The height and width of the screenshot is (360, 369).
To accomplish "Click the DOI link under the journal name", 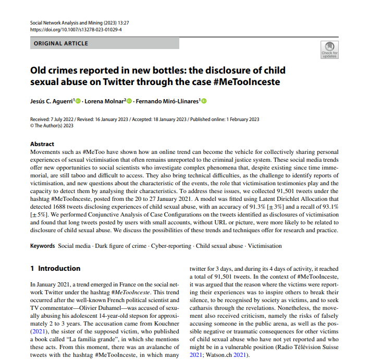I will click(x=76, y=30).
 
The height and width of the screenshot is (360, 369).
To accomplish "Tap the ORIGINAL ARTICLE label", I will click(x=61, y=43).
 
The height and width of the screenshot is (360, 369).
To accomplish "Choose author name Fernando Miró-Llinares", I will click(x=167, y=101).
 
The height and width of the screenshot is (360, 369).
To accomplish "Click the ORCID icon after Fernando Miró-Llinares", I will click(x=204, y=101).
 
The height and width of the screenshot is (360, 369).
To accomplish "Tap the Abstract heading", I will click(x=42, y=144).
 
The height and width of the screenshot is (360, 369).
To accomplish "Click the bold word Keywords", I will click(x=43, y=246).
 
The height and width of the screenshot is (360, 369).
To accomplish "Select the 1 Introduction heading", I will click(x=55, y=269).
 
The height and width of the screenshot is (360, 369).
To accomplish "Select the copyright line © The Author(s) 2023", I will click(x=52, y=125).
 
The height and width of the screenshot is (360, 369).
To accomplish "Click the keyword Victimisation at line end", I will click(x=264, y=246).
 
